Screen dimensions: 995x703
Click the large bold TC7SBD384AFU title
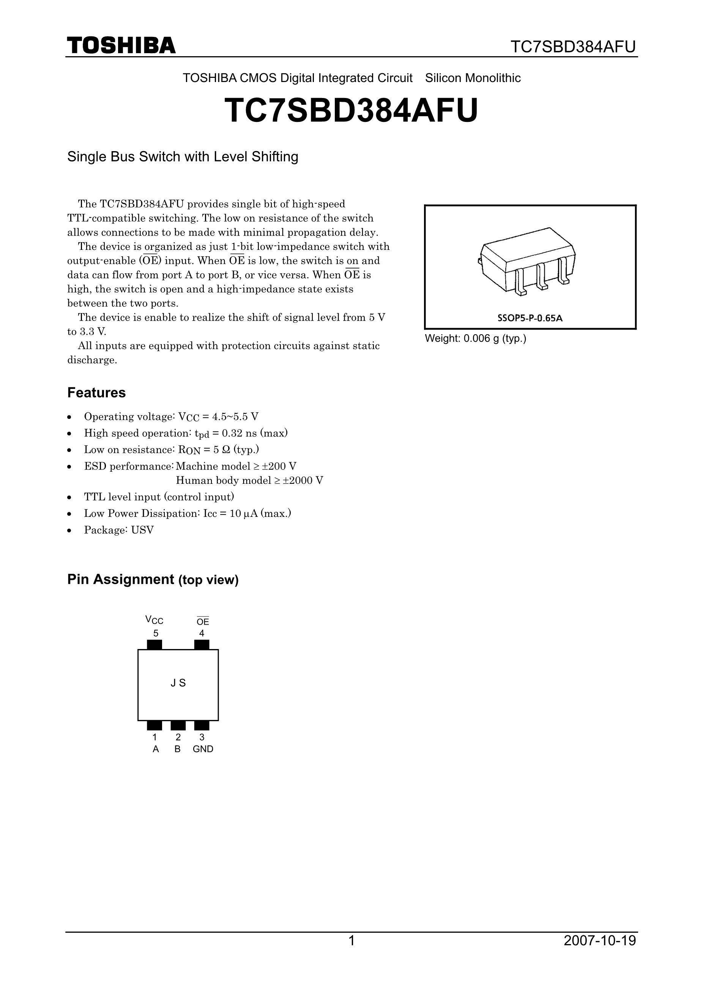(351, 111)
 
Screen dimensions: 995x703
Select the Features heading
(96, 393)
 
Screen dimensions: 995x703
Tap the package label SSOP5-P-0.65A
(530, 318)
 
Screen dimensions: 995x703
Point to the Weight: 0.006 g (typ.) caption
(475, 338)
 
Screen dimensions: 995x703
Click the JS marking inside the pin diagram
(178, 683)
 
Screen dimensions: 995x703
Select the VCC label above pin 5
(154, 620)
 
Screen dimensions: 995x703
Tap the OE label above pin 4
(202, 621)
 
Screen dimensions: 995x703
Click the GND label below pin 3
(203, 749)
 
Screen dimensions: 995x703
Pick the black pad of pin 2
(178, 725)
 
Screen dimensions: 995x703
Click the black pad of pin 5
(154, 645)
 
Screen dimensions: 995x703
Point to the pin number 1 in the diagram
(154, 737)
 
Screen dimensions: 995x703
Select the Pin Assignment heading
(153, 580)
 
